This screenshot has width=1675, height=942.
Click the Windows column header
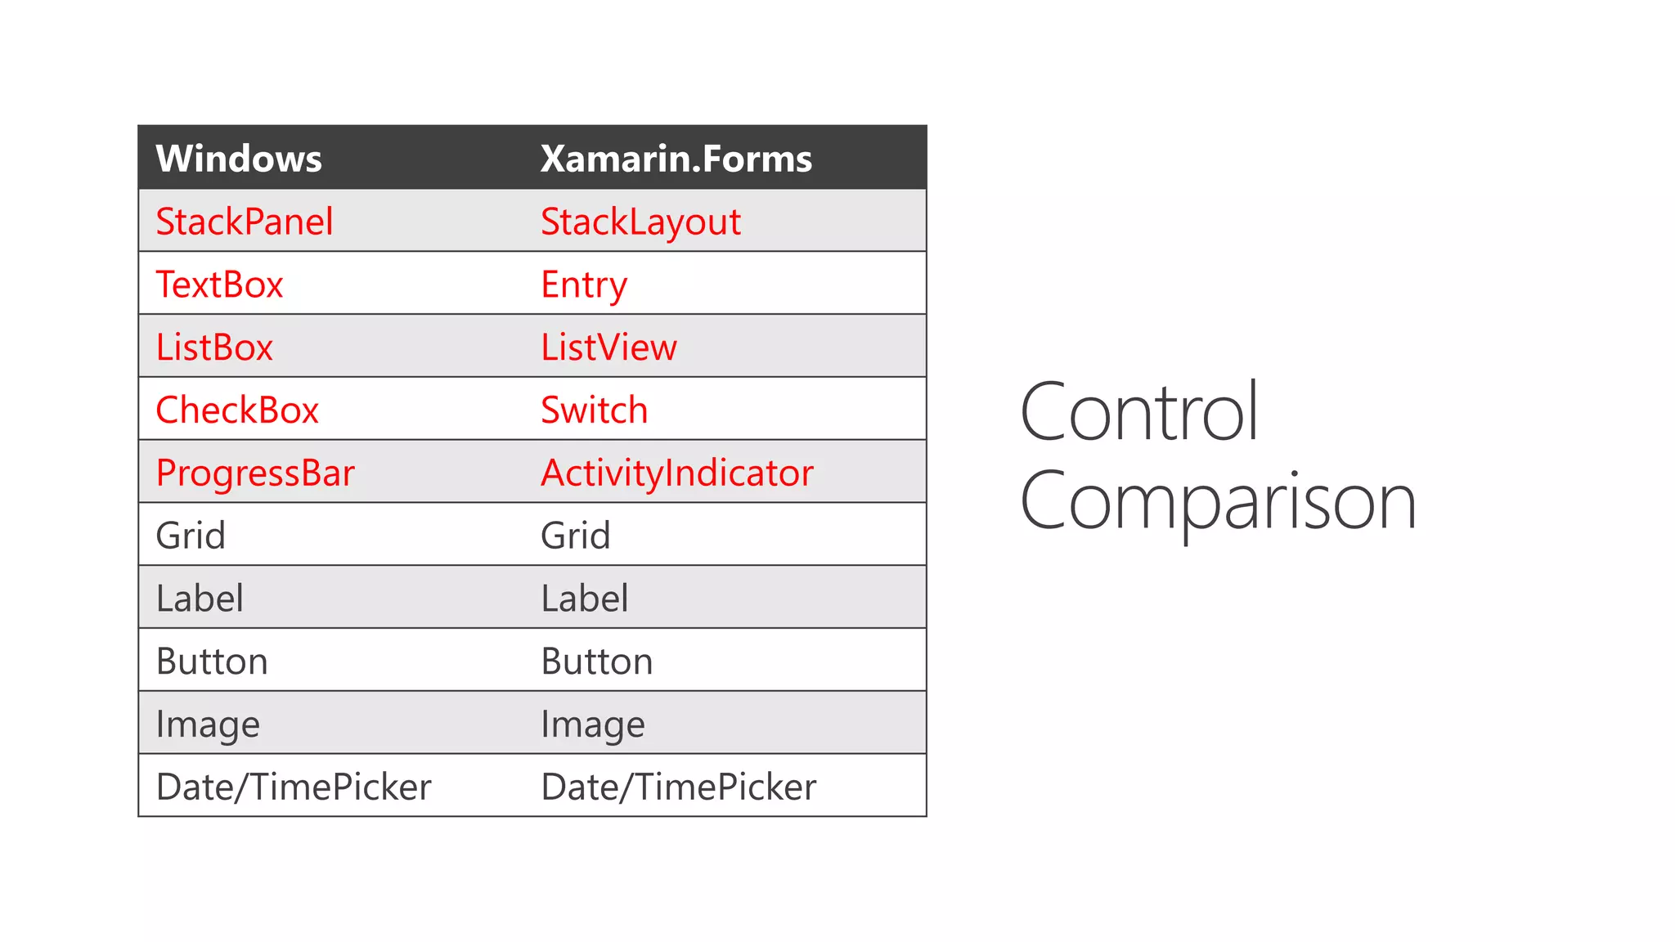pyautogui.click(x=239, y=159)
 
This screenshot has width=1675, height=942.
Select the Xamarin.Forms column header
pyautogui.click(x=676, y=159)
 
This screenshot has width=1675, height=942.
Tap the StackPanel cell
pyautogui.click(x=245, y=222)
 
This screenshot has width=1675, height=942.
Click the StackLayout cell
pyautogui.click(x=640, y=222)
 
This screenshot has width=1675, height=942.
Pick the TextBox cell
pyautogui.click(x=219, y=285)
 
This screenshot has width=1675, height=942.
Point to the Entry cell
pyautogui.click(x=584, y=285)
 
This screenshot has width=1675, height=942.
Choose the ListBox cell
pyautogui.click(x=214, y=348)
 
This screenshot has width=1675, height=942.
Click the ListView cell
pyautogui.click(x=608, y=348)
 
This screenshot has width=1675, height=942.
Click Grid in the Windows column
pyautogui.click(x=191, y=536)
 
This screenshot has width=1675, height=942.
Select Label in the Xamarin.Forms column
pyautogui.click(x=585, y=599)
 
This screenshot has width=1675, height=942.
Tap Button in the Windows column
pyautogui.click(x=212, y=662)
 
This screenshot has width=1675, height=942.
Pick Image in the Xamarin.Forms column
pyautogui.click(x=593, y=724)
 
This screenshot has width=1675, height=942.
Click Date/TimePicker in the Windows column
pyautogui.click(x=294, y=787)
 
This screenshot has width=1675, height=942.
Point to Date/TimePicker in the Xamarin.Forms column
pyautogui.click(x=679, y=787)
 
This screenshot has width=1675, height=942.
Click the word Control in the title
pyautogui.click(x=1138, y=412)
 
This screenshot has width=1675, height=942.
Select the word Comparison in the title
pyautogui.click(x=1218, y=501)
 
